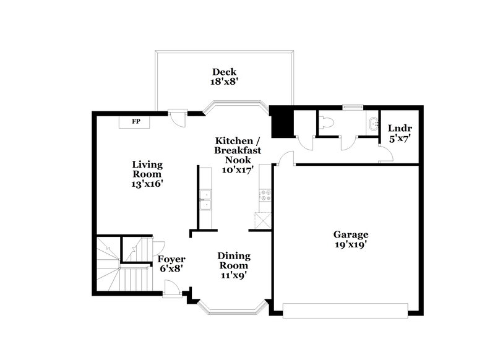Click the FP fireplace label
(x=136, y=121)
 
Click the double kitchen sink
(x=205, y=199)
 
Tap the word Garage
(x=351, y=234)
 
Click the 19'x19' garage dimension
(x=351, y=244)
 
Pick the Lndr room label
(x=400, y=128)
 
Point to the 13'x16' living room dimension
(x=147, y=184)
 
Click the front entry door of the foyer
(x=174, y=288)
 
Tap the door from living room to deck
(x=176, y=116)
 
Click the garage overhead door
(x=345, y=308)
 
